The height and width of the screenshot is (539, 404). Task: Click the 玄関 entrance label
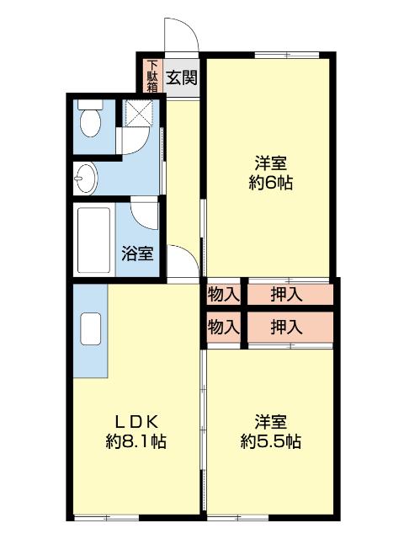tap(181, 78)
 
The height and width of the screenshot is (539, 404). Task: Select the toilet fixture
tap(89, 121)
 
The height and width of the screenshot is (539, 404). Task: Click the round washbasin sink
tap(86, 178)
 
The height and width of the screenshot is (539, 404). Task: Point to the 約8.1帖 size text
tap(135, 441)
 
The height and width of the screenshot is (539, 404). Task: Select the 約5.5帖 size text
tap(270, 441)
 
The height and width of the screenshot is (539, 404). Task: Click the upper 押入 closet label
tap(287, 295)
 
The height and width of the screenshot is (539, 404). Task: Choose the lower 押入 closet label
tap(287, 327)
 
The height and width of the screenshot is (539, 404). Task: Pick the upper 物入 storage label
tap(224, 295)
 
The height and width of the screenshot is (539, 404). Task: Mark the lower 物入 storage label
tap(224, 327)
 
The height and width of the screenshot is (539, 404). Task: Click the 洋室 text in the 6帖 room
tap(270, 163)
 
